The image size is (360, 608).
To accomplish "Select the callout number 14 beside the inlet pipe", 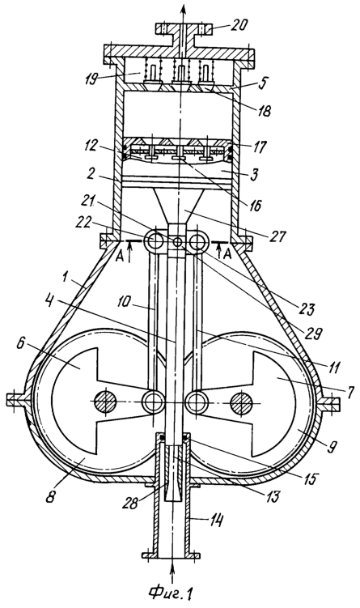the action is (215, 521).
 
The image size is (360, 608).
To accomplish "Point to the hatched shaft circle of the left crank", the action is (105, 402).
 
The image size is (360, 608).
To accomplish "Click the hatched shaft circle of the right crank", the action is (242, 402).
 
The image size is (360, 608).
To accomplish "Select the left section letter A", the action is (121, 256).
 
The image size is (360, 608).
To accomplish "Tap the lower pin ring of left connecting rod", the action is (153, 402).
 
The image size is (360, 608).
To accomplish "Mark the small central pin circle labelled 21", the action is (177, 242).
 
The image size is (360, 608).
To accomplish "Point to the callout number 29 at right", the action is (312, 334).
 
